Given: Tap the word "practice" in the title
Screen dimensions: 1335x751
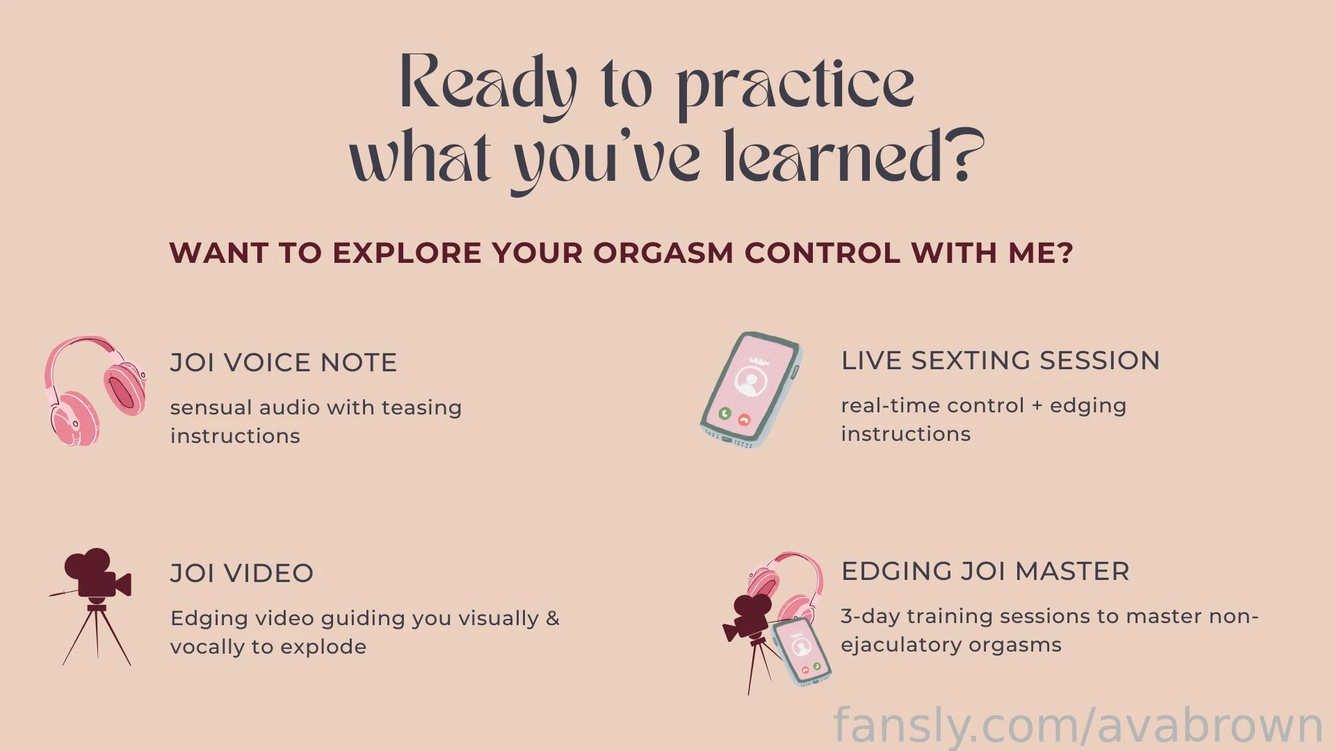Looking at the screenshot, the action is click(x=795, y=87).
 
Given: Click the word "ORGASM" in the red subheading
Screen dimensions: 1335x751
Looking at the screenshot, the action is click(x=663, y=253).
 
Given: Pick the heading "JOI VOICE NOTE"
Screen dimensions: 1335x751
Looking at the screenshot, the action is click(x=284, y=362).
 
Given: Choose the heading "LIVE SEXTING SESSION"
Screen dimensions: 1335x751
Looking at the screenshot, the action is click(x=1001, y=360).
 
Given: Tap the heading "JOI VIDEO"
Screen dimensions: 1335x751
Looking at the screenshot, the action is click(x=242, y=573).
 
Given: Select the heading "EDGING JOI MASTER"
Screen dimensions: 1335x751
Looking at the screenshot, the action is click(x=985, y=571).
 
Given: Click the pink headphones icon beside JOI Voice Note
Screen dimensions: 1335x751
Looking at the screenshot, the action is click(x=95, y=391).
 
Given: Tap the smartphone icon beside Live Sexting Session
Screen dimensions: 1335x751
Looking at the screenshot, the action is click(x=751, y=389).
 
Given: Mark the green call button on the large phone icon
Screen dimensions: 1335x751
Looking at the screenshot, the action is click(x=725, y=414).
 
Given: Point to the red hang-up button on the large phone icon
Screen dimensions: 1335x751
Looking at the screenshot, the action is click(x=745, y=419).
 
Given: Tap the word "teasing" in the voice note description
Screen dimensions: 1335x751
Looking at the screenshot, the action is click(x=421, y=407).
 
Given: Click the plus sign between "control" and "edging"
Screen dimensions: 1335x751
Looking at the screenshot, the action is click(x=1037, y=406).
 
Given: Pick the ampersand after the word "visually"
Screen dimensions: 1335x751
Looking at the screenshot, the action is click(x=553, y=617).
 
